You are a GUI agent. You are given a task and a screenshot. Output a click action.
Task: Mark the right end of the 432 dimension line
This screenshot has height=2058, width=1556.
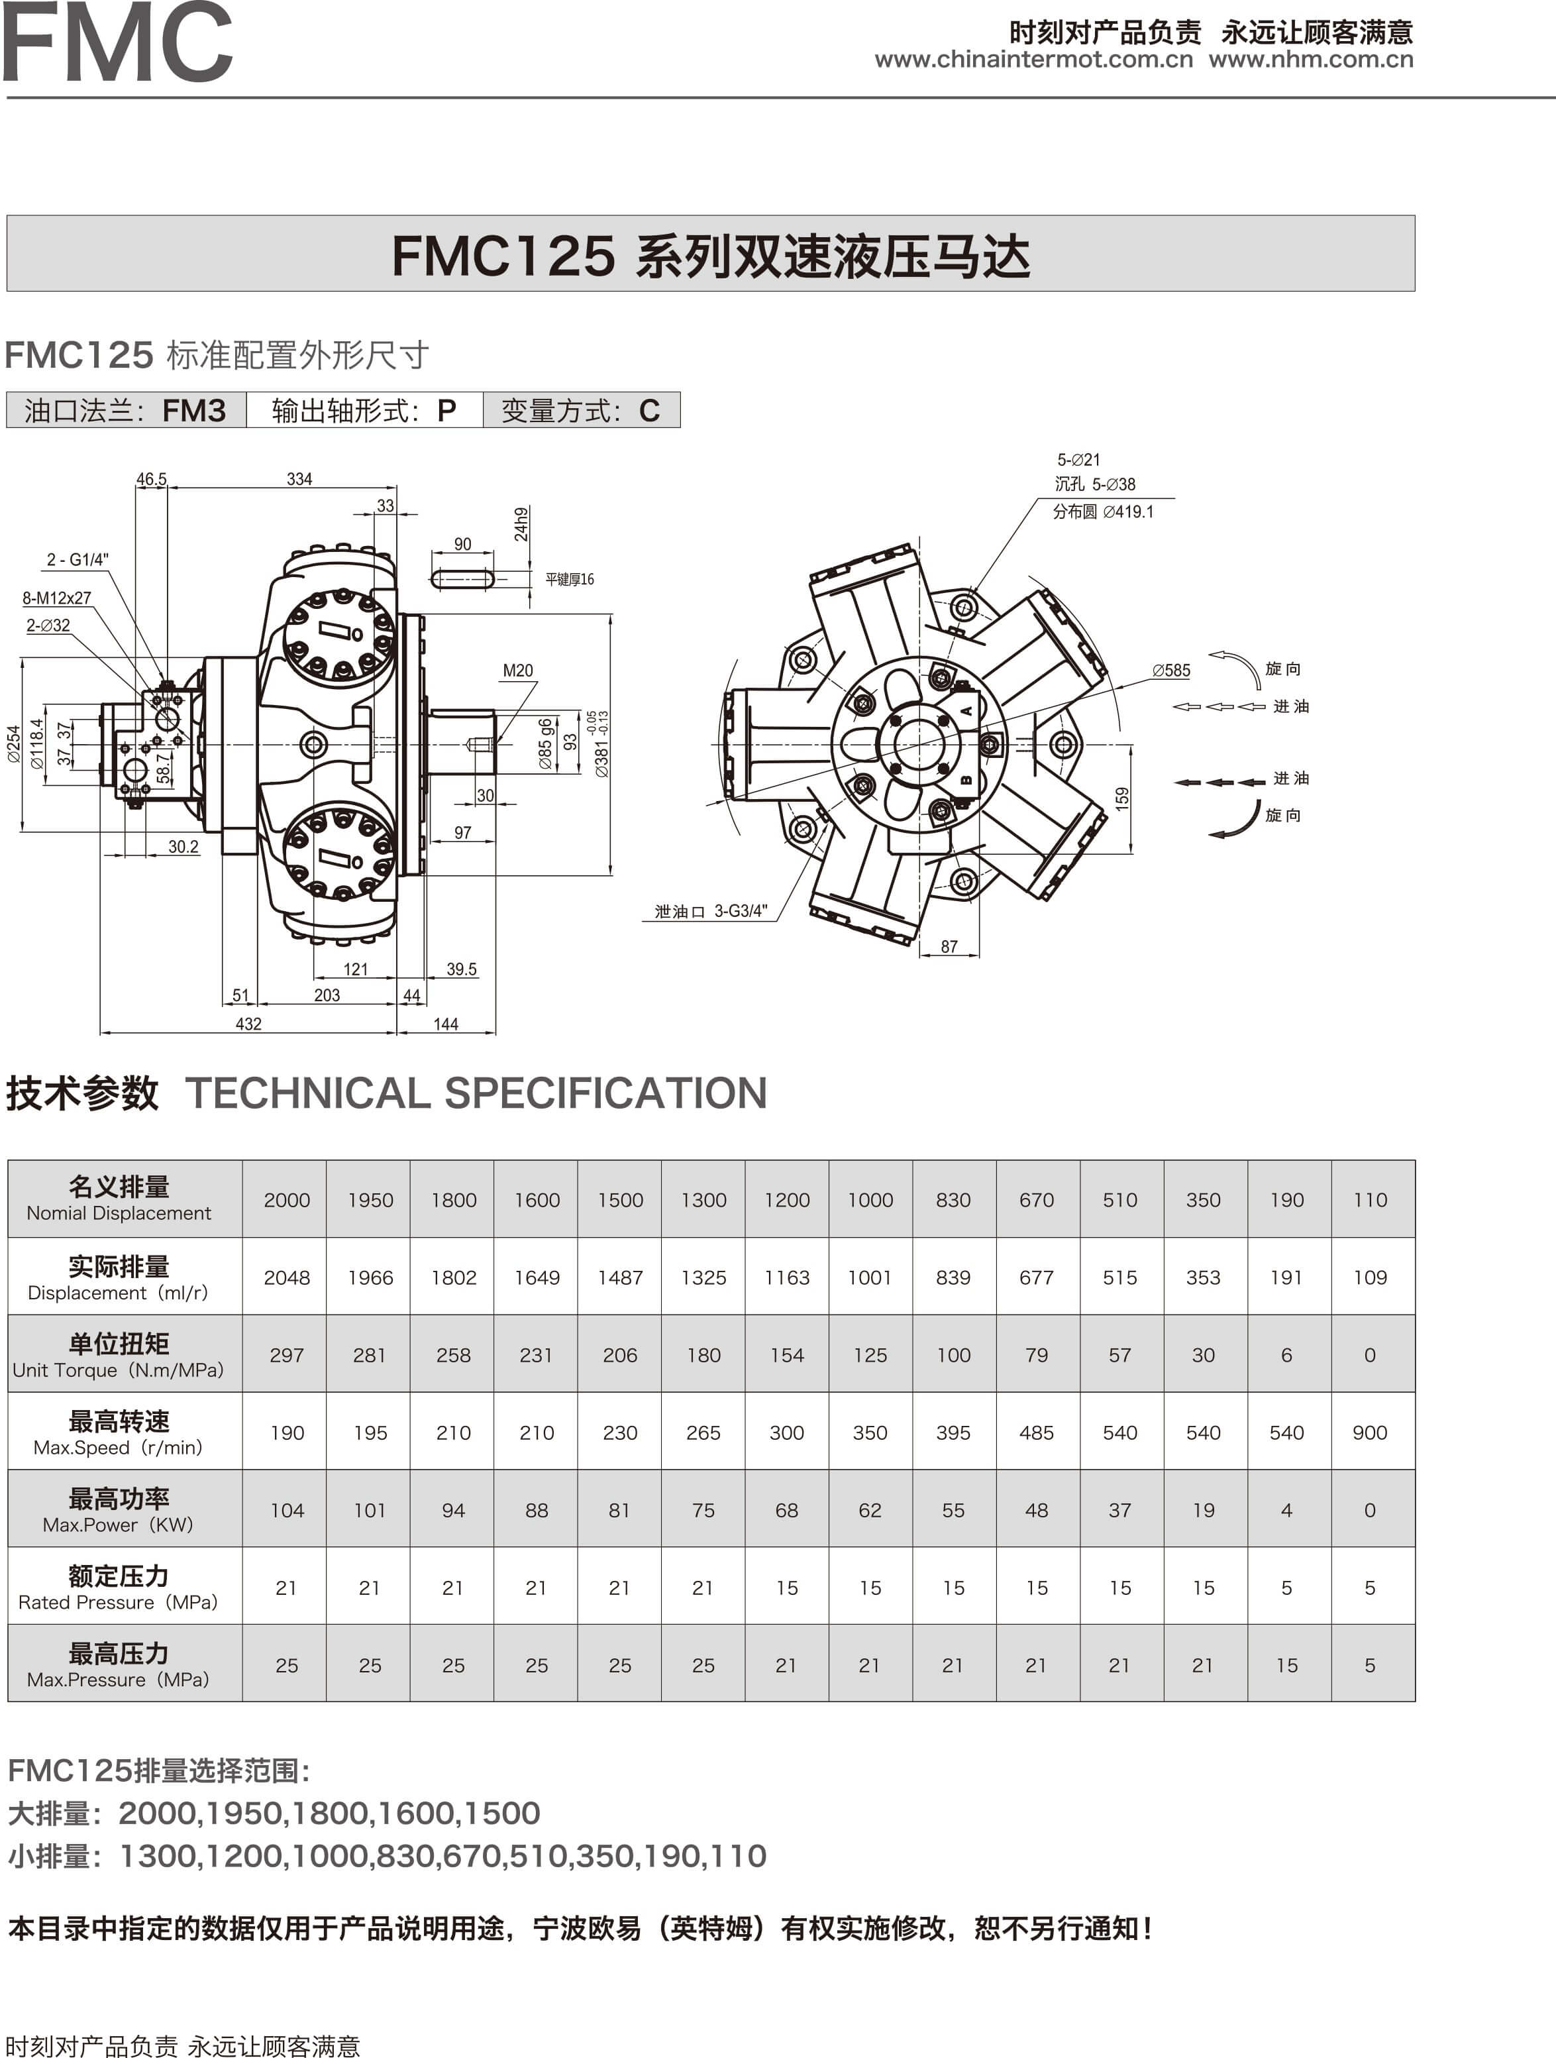[397, 1032]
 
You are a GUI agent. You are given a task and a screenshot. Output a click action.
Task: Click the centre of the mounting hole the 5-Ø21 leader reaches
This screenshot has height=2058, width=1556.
[964, 610]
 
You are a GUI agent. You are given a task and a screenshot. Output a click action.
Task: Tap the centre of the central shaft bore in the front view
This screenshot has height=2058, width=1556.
[919, 744]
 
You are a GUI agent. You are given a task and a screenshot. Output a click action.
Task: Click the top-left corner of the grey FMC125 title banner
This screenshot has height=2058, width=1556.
[7, 216]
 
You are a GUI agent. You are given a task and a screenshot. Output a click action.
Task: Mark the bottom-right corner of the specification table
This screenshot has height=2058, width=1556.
[1415, 1702]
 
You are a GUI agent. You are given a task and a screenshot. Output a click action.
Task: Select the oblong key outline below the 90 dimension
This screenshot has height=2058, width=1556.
[462, 578]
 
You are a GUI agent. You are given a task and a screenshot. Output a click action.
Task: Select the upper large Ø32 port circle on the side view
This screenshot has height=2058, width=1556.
[168, 718]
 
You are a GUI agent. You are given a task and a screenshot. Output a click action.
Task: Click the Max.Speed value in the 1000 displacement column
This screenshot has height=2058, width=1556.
[870, 1433]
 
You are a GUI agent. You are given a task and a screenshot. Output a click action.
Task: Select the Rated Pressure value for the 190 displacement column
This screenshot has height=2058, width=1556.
[1286, 1588]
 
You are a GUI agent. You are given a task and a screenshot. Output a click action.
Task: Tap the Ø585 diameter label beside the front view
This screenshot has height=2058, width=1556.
[1171, 670]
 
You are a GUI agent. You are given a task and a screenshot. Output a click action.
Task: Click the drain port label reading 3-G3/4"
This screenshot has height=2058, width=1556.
[741, 911]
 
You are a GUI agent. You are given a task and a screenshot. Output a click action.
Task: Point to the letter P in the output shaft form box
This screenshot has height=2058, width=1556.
[446, 410]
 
